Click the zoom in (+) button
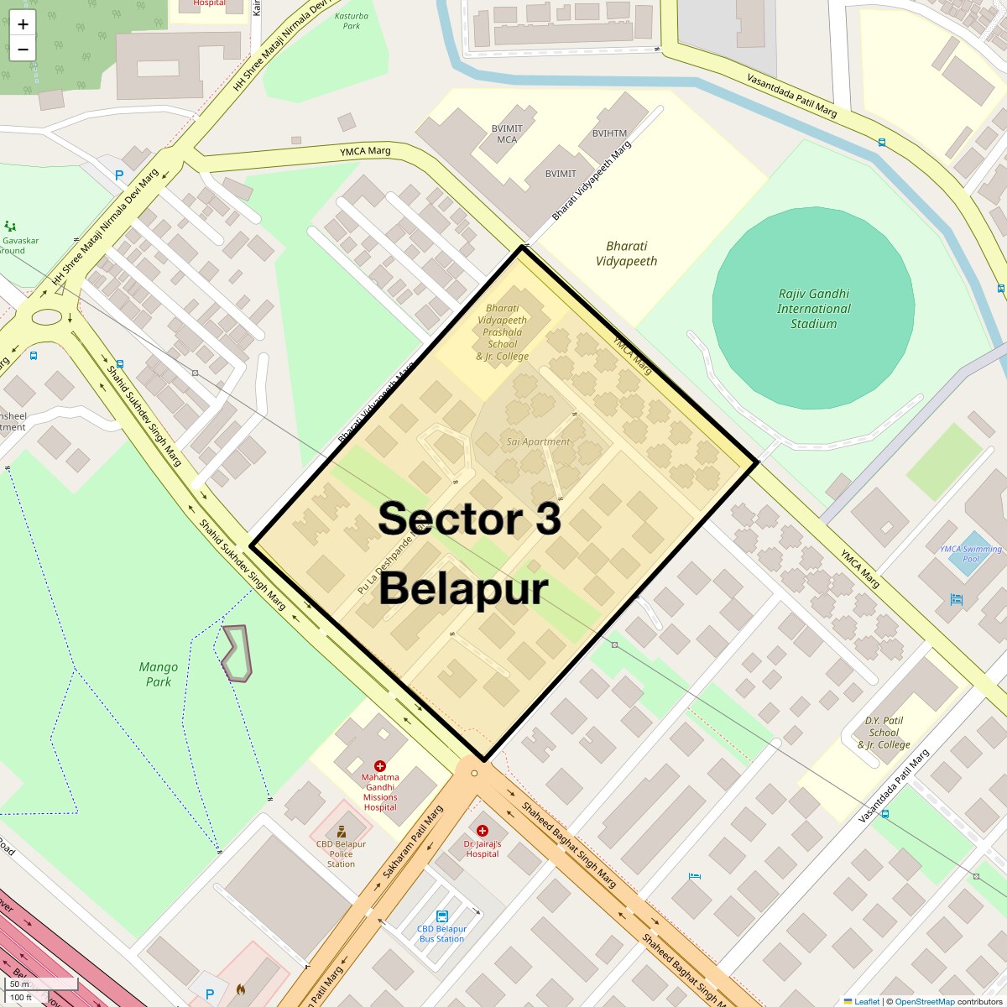pos(23,24)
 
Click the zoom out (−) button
pos(23,49)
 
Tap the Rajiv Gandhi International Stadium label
pos(813,308)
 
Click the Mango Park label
pos(158,674)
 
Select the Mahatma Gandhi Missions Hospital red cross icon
pos(380,766)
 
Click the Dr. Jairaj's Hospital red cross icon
pos(482,831)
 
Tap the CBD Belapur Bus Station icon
pos(442,917)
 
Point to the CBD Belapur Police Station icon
pos(341,832)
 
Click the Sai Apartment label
pos(538,441)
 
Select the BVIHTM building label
pos(609,133)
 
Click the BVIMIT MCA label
pos(507,133)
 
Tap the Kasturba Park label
pos(352,21)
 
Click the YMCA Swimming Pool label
pos(970,554)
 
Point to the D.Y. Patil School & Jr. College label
pos(884,732)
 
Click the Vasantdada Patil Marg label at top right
pos(792,95)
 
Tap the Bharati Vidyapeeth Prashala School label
pos(502,332)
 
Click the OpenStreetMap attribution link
pos(924,1001)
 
